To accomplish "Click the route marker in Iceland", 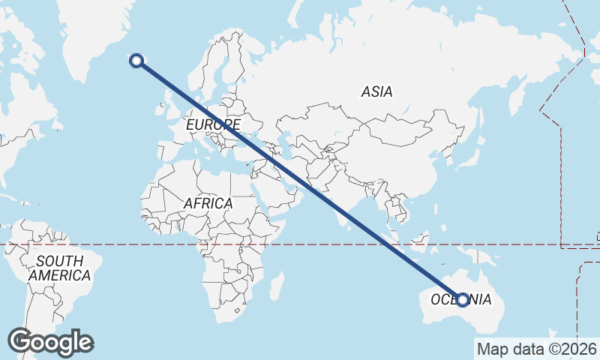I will [x=136, y=61].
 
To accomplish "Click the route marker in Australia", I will [x=463, y=299].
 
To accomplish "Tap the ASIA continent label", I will [x=376, y=92].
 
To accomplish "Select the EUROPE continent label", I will [x=214, y=124].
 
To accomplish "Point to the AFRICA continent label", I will [x=208, y=203].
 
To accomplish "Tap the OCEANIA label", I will [x=461, y=300].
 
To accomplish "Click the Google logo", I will [x=50, y=342].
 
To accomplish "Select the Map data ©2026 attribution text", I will [x=537, y=349].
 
